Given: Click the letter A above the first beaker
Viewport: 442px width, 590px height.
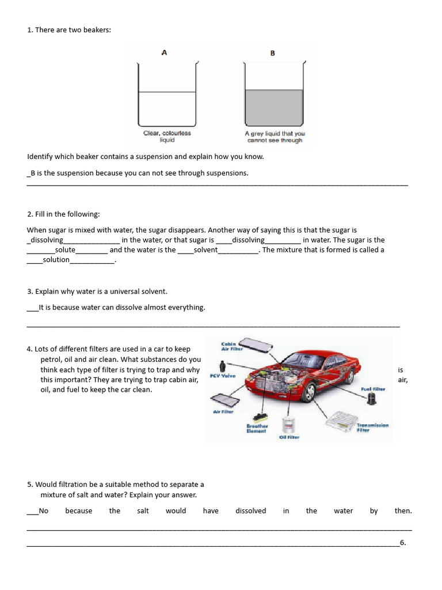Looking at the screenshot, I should tap(165, 53).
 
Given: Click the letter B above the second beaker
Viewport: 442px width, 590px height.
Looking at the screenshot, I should tap(273, 53).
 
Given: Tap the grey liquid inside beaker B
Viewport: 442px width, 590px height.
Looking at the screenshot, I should tap(274, 108).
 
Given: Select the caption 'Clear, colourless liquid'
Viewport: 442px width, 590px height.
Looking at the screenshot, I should tap(167, 137).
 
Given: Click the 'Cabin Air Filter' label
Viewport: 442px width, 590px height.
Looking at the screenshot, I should tap(232, 346).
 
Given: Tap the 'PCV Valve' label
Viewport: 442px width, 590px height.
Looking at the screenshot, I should tap(223, 376).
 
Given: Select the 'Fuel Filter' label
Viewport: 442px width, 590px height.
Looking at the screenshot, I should tap(373, 389).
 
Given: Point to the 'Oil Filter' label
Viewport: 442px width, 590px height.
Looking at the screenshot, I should tap(289, 437).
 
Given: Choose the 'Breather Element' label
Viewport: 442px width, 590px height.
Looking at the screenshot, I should tap(257, 429).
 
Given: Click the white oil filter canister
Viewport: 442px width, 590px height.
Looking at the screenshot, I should tap(288, 423).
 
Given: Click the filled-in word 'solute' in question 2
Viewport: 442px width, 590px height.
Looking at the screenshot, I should tap(65, 250).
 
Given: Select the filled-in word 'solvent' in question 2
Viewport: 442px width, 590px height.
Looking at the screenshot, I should tap(205, 250).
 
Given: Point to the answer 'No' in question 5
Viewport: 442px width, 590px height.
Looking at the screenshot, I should tap(44, 510).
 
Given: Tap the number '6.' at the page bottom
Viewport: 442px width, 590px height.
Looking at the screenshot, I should tap(403, 543).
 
